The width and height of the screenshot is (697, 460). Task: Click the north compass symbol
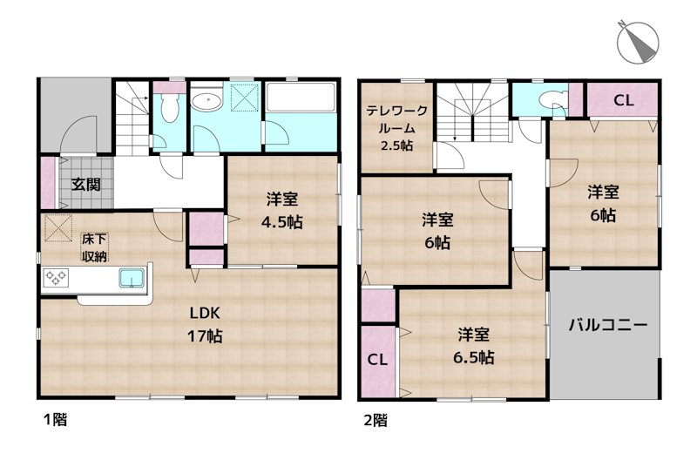(x=638, y=43)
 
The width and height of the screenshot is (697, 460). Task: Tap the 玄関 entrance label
(x=86, y=184)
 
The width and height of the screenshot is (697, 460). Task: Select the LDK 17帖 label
(x=205, y=324)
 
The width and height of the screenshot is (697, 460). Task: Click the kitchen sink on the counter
(x=132, y=277)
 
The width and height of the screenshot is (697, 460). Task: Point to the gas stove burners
(x=56, y=277)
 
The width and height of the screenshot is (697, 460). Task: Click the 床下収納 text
(x=94, y=247)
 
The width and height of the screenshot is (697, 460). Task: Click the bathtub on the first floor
(x=301, y=98)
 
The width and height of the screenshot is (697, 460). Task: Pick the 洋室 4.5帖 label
(x=282, y=210)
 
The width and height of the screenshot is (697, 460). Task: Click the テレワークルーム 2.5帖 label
(x=397, y=128)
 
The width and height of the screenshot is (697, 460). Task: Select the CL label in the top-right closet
(x=624, y=101)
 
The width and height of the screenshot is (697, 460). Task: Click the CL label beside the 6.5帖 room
(x=377, y=360)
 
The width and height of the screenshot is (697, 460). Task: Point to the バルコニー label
(x=608, y=325)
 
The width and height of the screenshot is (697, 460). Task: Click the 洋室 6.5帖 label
(x=474, y=346)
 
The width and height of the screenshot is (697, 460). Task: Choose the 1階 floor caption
(x=56, y=419)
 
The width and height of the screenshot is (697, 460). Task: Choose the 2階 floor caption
(x=376, y=420)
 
